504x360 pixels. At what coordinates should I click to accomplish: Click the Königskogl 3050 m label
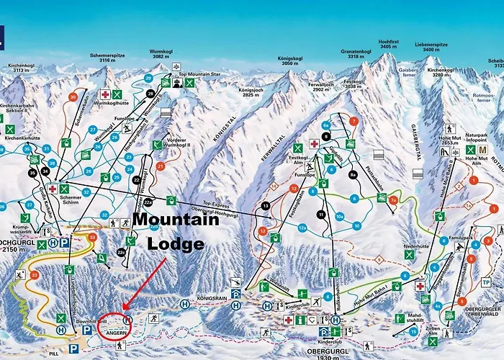pos(289,60)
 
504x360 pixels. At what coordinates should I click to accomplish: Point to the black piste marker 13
pos(266,206)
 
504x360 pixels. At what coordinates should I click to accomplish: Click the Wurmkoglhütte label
pos(109,102)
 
